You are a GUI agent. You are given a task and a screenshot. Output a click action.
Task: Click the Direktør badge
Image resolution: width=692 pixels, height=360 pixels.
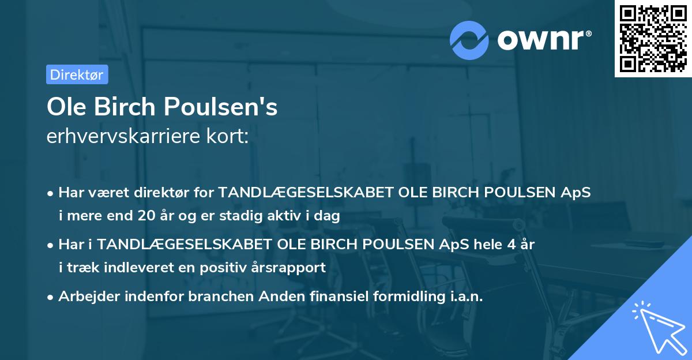77,74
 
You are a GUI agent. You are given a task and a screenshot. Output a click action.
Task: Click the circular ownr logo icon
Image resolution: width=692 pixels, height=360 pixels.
469,40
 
